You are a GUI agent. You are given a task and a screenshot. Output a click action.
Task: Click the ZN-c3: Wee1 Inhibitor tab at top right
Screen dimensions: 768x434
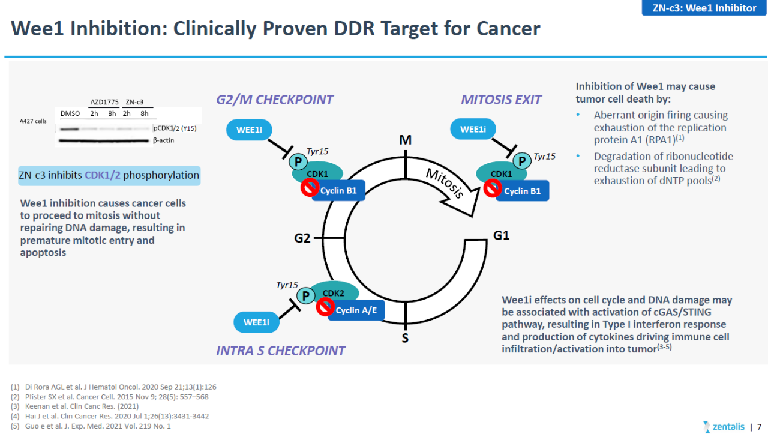[704, 8]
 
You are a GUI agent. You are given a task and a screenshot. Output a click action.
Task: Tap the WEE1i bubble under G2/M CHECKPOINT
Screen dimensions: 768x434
[249, 130]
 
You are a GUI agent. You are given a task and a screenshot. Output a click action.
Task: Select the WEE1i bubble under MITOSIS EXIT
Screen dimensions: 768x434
[473, 129]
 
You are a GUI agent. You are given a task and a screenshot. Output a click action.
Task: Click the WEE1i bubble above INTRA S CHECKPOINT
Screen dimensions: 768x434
[256, 322]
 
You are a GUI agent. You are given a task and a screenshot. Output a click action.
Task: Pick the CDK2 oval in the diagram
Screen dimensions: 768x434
[334, 292]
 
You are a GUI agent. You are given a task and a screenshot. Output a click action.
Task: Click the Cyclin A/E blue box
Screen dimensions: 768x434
[356, 310]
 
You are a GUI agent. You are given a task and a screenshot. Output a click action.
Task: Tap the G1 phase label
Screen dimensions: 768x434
[501, 235]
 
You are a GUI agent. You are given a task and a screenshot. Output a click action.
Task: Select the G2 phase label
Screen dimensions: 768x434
[302, 238]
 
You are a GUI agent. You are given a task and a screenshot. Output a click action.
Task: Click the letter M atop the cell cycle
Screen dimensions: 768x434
[405, 140]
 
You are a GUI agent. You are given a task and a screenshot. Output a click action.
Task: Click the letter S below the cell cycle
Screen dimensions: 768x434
[405, 338]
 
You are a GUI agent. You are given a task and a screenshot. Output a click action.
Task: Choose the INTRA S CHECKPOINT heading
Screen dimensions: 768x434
[280, 351]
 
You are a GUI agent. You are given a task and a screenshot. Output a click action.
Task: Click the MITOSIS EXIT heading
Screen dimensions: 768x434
[501, 100]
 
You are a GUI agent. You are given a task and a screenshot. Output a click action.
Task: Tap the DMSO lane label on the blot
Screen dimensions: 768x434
[70, 113]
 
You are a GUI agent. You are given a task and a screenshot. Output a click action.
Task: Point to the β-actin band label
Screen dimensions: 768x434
[164, 140]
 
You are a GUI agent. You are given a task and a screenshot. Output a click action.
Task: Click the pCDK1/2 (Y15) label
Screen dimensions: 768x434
[175, 128]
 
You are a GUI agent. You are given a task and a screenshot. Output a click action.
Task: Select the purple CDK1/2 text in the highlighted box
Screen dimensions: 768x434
[103, 175]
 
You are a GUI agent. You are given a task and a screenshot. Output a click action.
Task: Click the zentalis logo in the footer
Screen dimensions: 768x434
[724, 426]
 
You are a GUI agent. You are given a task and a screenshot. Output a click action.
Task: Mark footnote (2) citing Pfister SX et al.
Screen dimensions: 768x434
[109, 397]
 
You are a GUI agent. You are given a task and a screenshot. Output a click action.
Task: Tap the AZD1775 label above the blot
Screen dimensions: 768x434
[104, 102]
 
